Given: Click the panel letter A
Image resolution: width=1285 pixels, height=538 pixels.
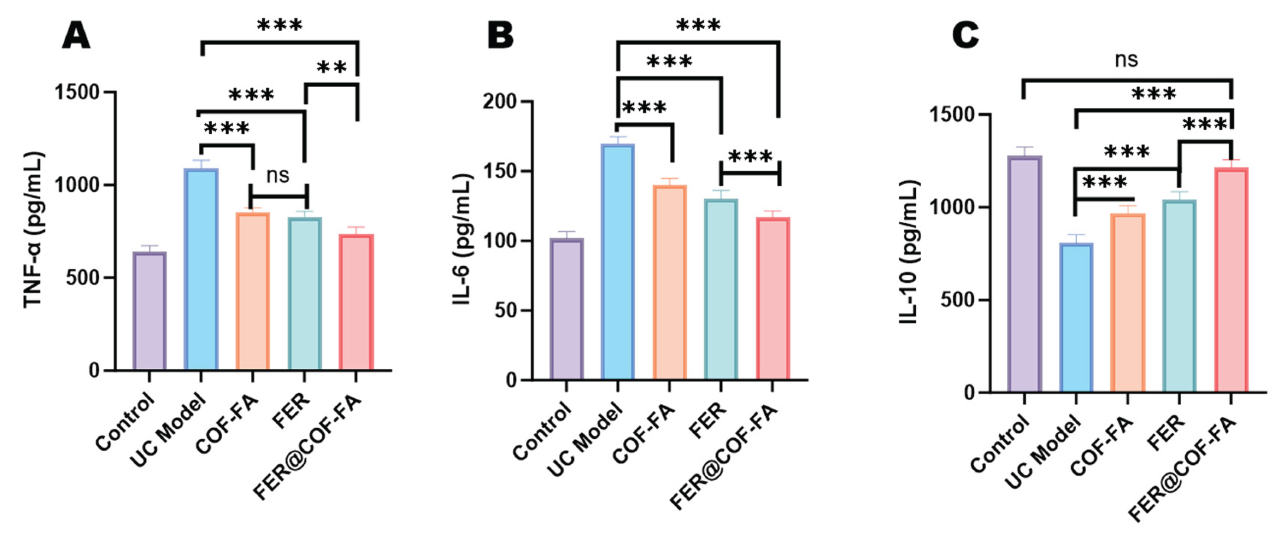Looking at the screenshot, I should tap(76, 37).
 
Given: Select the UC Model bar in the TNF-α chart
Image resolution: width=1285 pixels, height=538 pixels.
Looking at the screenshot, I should tap(201, 269).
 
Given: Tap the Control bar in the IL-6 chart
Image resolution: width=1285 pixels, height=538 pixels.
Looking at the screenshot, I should tap(567, 309).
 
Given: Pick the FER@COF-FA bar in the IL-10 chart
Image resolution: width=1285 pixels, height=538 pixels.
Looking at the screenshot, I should tap(1231, 279).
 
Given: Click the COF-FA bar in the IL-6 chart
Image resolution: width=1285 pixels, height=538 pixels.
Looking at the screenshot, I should tap(669, 282).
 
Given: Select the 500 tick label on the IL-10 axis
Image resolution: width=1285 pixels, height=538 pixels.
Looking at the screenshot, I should tap(958, 300).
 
